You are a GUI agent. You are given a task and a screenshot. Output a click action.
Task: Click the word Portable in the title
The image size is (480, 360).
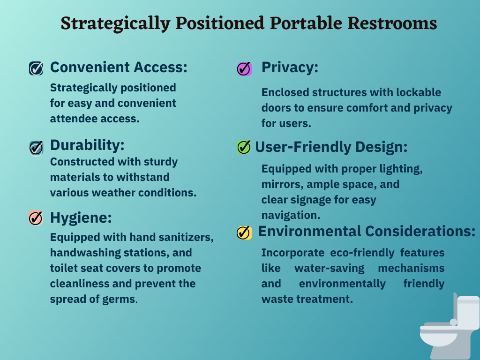[306, 23]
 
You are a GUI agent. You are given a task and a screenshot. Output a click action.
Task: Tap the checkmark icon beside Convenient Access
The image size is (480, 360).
[36, 68]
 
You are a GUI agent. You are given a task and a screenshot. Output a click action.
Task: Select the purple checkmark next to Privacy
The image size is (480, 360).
[244, 68]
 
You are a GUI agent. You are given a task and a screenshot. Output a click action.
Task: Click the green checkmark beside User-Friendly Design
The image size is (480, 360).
[244, 147]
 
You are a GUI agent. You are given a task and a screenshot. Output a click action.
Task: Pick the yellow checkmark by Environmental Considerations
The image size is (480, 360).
[244, 232]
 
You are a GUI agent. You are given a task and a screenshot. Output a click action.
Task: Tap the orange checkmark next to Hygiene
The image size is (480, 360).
[36, 218]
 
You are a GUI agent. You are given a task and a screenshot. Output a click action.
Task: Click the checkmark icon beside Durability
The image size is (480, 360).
[36, 148]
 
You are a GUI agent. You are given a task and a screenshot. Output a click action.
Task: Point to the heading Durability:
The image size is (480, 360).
[87, 145]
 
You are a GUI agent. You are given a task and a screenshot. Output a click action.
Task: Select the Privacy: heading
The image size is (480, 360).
[290, 67]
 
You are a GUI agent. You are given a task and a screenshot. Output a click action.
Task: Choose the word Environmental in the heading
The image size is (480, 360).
[310, 232]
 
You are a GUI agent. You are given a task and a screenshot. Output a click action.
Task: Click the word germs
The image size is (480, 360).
[120, 300]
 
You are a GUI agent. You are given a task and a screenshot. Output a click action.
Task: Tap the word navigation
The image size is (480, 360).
[291, 215]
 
